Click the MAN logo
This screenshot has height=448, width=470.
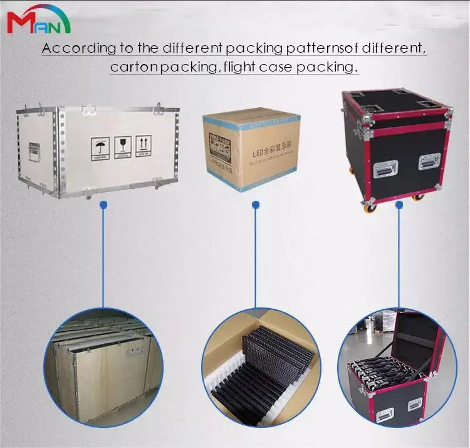(39, 21)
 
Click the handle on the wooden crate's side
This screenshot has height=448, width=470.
(34, 151)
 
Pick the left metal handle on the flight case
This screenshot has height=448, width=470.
(385, 168)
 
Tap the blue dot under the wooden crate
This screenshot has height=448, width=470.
(104, 205)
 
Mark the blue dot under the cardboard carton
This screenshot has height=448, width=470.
(255, 205)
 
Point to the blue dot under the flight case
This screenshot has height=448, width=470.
(399, 204)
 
